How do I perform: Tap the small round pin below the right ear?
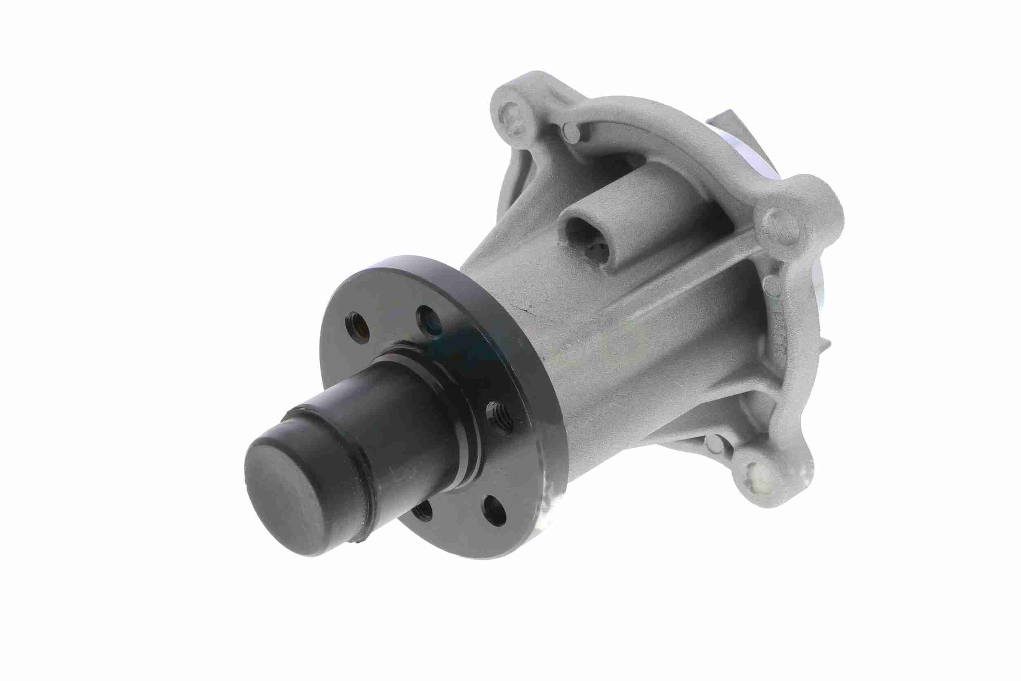tap(771, 282)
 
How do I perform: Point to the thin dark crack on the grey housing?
tap(528, 311)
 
